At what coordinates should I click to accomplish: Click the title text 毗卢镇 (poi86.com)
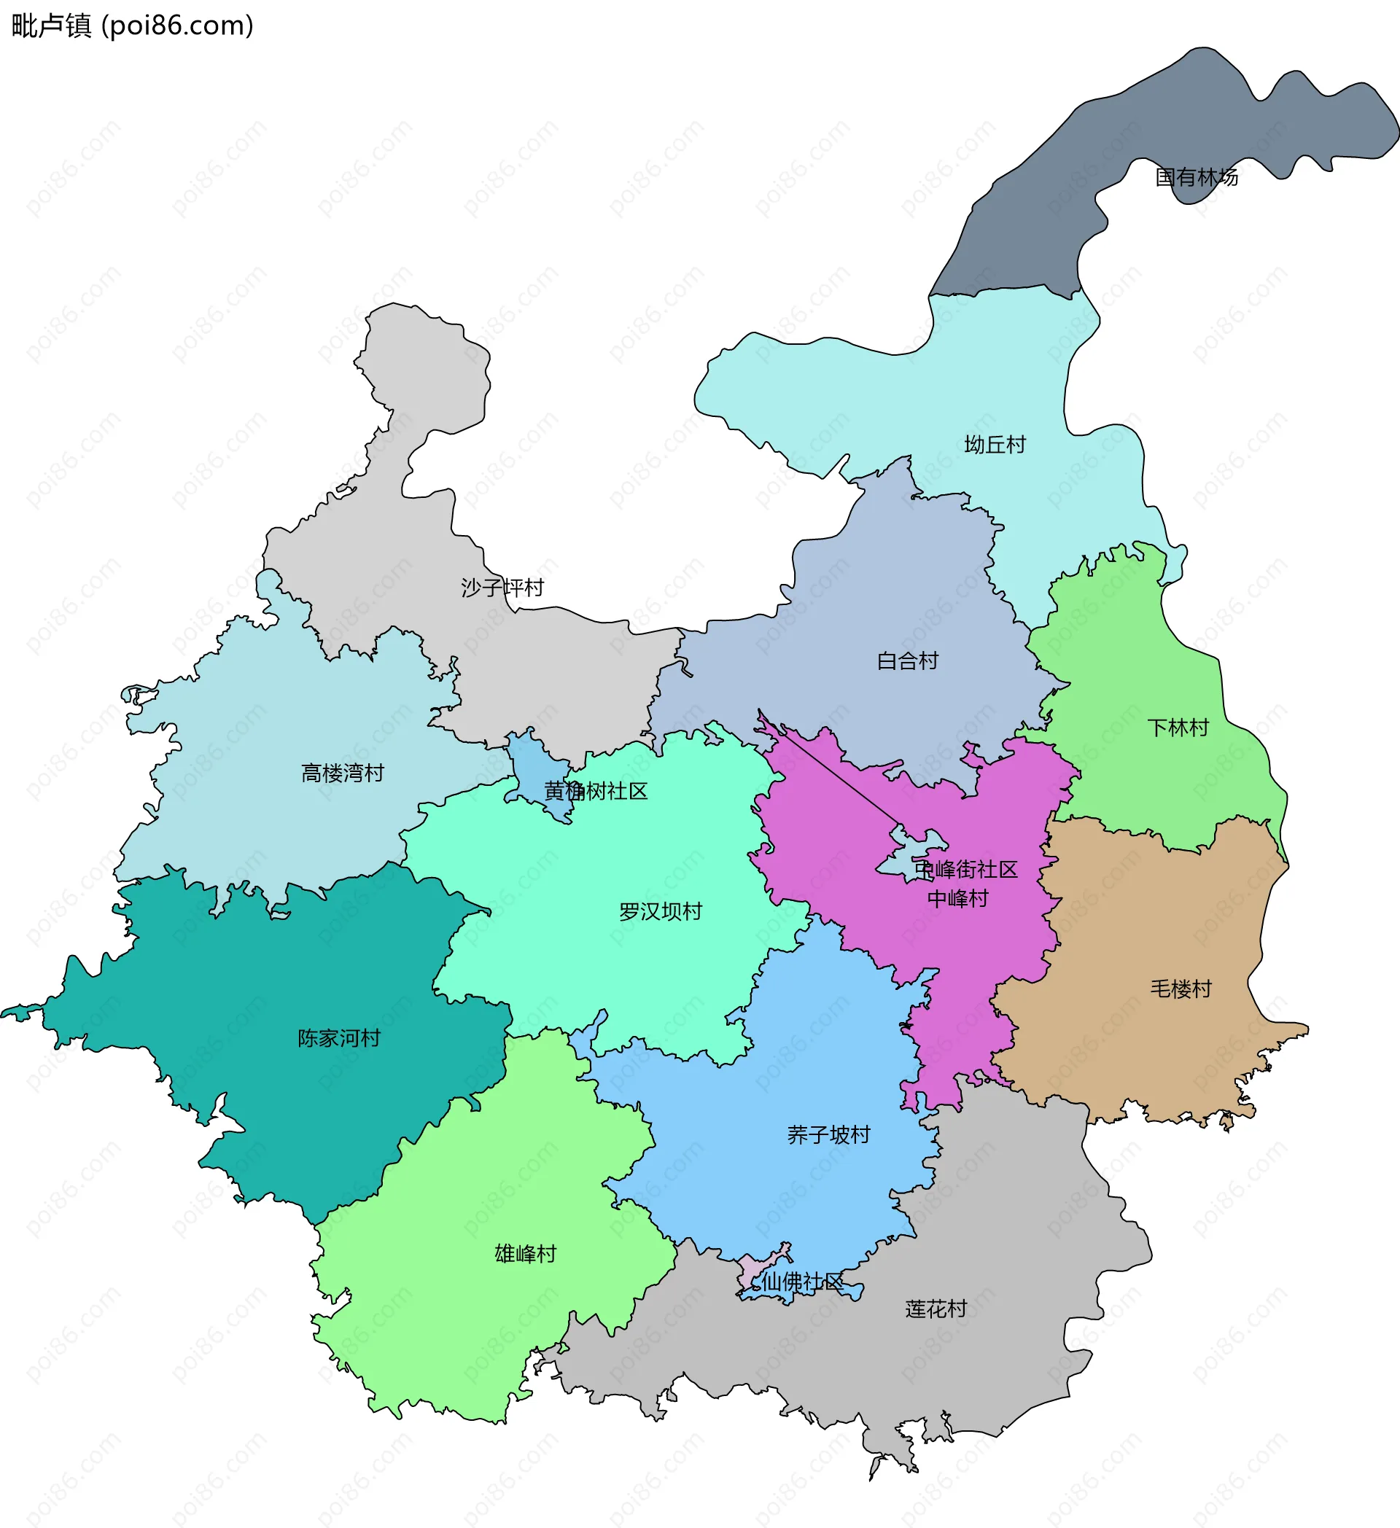[133, 26]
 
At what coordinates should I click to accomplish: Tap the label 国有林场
[1196, 177]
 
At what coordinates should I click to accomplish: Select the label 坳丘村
[995, 445]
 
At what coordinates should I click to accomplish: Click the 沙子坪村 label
[502, 588]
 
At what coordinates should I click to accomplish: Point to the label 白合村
[907, 661]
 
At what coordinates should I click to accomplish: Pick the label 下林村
[1177, 728]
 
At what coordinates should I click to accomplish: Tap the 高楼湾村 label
[343, 773]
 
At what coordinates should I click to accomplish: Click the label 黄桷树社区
[596, 791]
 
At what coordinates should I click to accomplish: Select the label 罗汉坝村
[660, 911]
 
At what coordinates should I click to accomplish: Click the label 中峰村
[958, 899]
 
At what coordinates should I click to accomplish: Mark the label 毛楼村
[1181, 989]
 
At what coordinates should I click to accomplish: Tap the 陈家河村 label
[339, 1038]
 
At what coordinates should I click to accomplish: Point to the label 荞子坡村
[828, 1134]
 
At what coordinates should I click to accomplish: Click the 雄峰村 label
[525, 1254]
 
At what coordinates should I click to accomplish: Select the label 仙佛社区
[802, 1282]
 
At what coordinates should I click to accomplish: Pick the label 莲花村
[936, 1309]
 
